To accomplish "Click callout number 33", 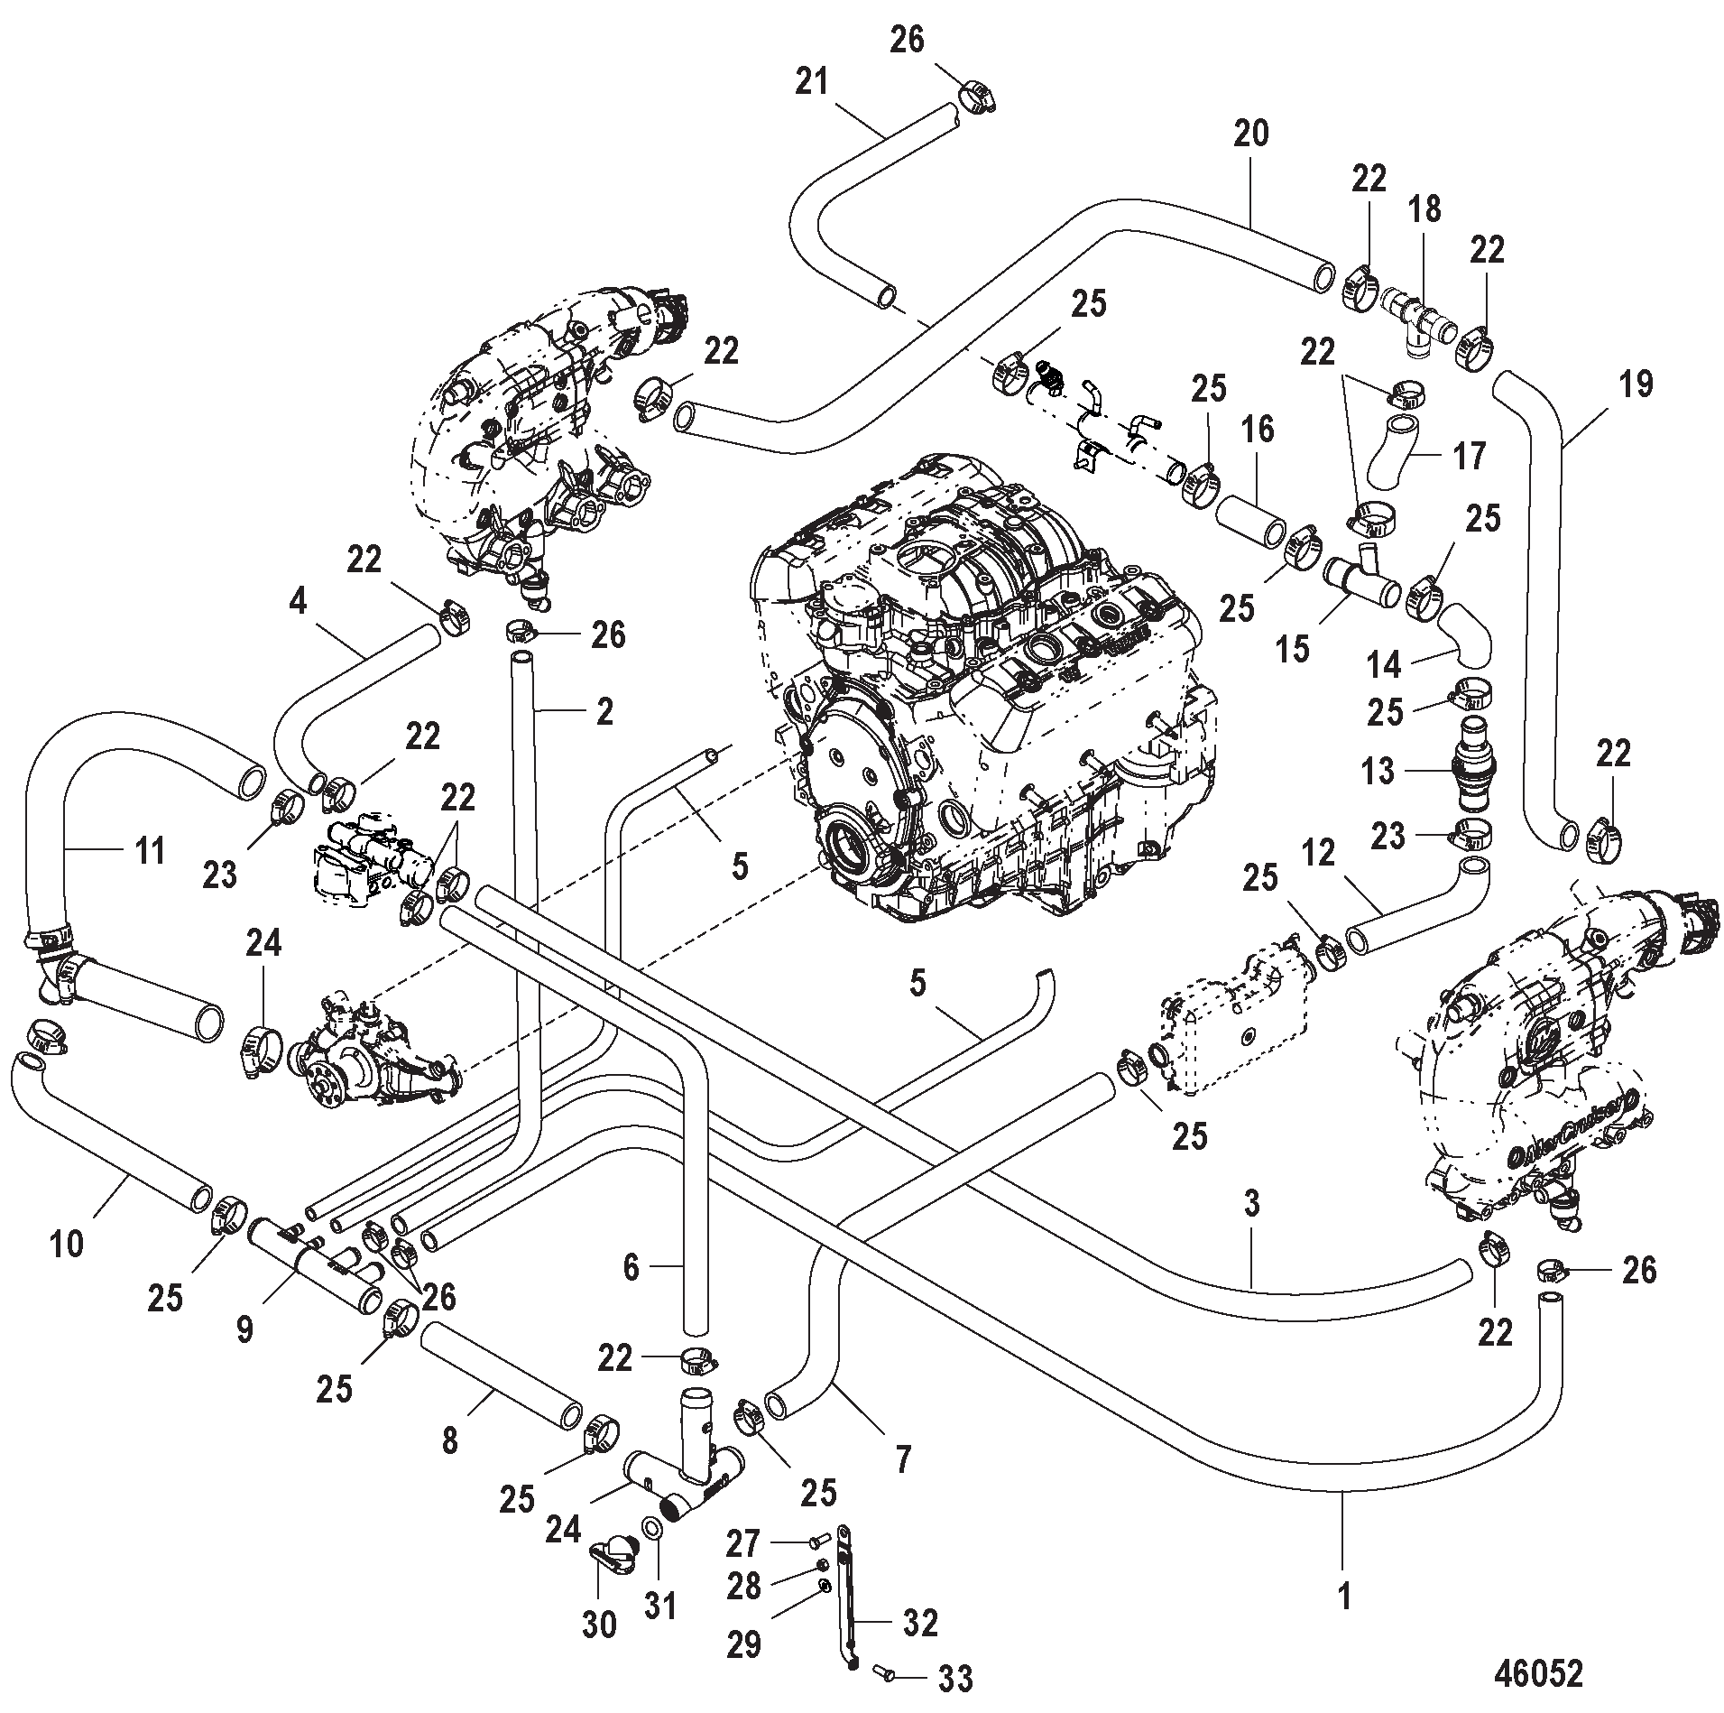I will [x=955, y=1680].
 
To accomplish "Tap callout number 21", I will [x=811, y=83].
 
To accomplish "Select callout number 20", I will [x=1251, y=134].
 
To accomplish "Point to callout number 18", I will [x=1426, y=210].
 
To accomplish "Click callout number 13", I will [x=1378, y=772].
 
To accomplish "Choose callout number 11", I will [x=150, y=849].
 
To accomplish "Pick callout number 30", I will [x=599, y=1625].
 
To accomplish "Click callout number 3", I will [x=1251, y=1204].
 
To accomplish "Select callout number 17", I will [x=1470, y=457].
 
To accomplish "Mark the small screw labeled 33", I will [x=885, y=1674].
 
